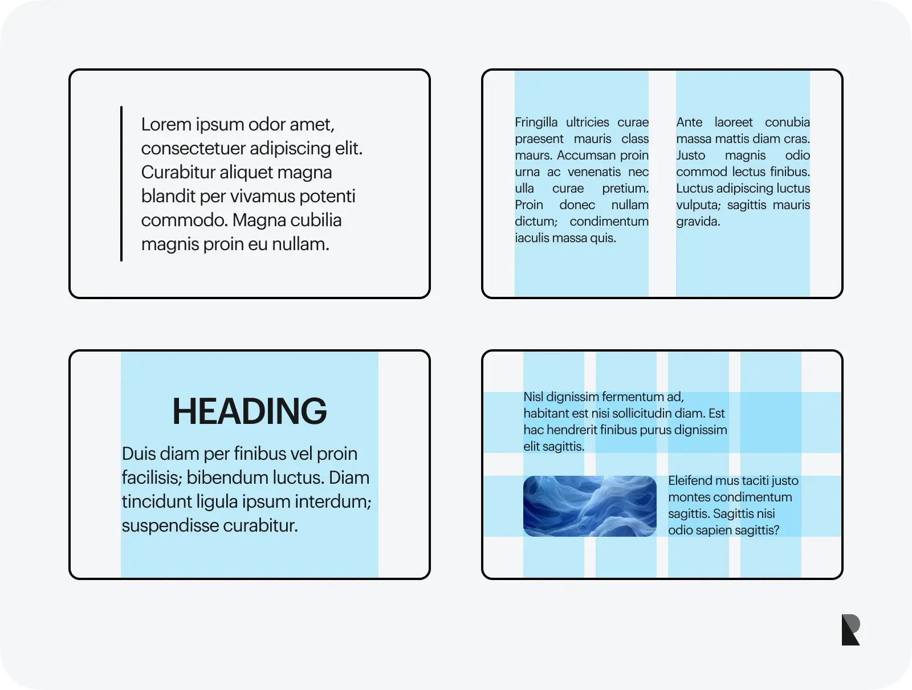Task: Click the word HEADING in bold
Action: pos(250,411)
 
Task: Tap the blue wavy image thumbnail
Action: pos(589,506)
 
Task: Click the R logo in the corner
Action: pos(850,630)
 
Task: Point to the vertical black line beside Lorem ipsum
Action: pos(121,183)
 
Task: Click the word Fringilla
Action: pos(536,123)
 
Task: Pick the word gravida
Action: pos(698,222)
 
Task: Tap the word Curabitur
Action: pos(178,172)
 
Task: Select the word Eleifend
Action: pos(690,481)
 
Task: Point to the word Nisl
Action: pos(533,397)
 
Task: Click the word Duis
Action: pos(139,454)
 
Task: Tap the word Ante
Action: pos(689,123)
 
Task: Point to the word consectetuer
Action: pos(193,149)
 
